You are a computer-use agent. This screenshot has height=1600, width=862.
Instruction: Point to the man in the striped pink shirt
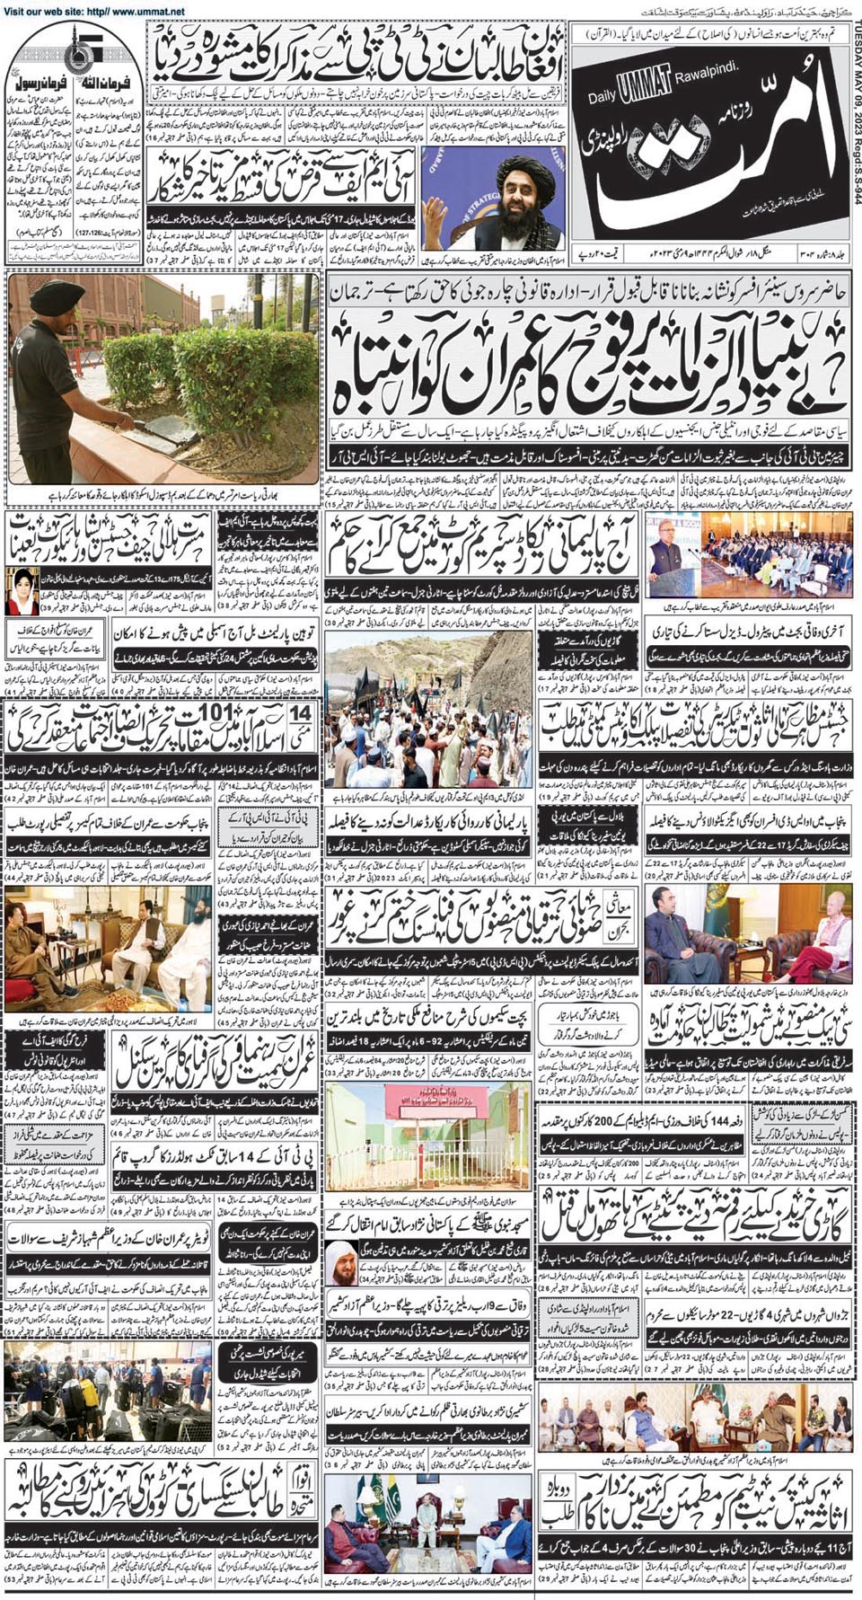[x=827, y=934]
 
